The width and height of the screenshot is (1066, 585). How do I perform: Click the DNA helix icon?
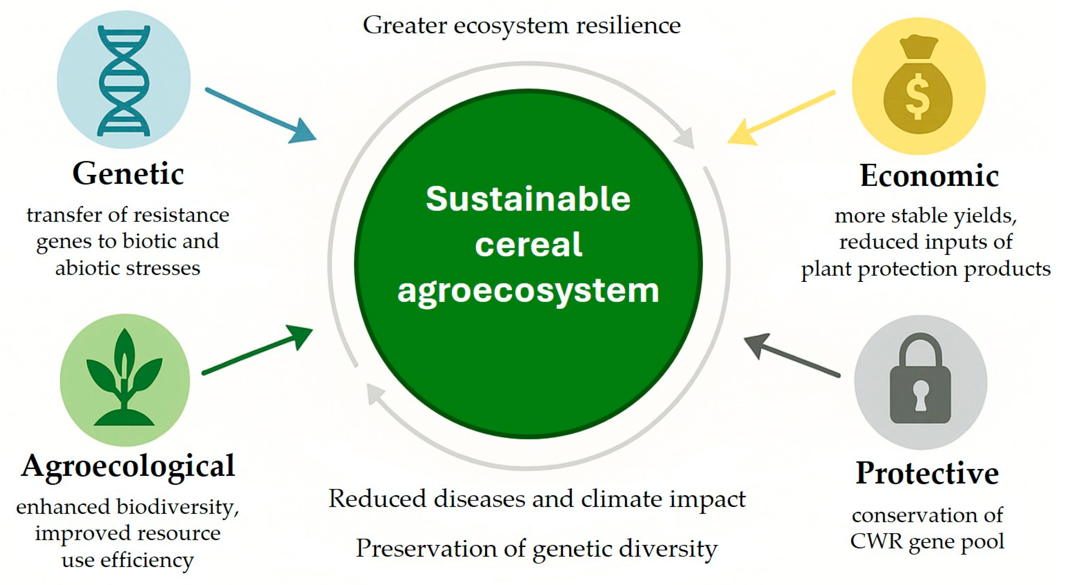tap(123, 81)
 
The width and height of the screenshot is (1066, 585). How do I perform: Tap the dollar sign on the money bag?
tap(917, 101)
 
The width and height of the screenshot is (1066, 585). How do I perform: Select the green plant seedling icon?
tap(124, 379)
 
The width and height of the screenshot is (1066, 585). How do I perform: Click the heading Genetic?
tap(128, 174)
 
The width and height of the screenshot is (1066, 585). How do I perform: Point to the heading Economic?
tap(929, 176)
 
